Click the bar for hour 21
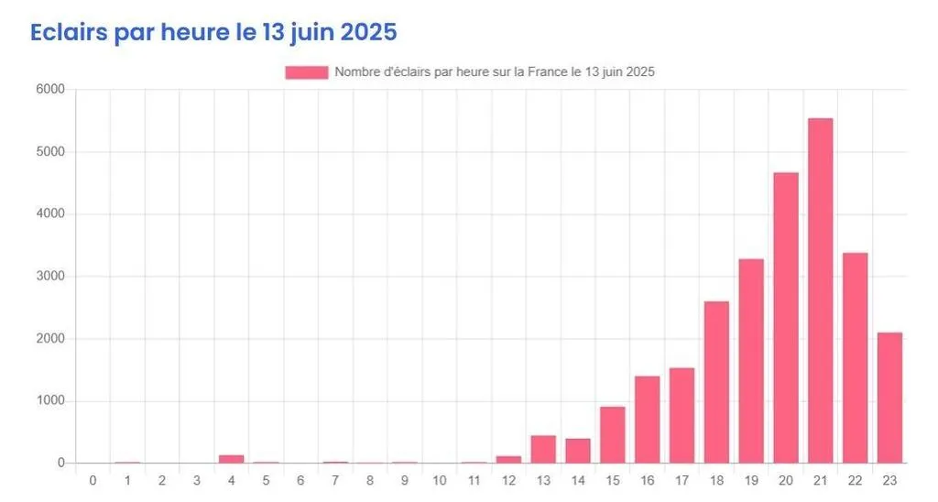pyautogui.click(x=821, y=290)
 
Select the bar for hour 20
pyautogui.click(x=786, y=318)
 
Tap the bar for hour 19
pyautogui.click(x=751, y=361)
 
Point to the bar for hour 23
pyautogui.click(x=889, y=398)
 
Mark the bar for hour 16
pyautogui.click(x=647, y=420)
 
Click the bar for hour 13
pyautogui.click(x=543, y=449)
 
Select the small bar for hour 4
pyautogui.click(x=231, y=459)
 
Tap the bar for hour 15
pyautogui.click(x=613, y=434)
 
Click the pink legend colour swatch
pyautogui.click(x=306, y=72)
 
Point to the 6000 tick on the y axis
pyautogui.click(x=49, y=90)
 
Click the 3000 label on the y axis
pyautogui.click(x=49, y=277)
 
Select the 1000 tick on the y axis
pyautogui.click(x=49, y=401)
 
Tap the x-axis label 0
pyautogui.click(x=93, y=480)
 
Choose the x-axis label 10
pyautogui.click(x=439, y=480)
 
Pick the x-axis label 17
pyautogui.click(x=682, y=480)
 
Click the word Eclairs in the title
pyautogui.click(x=69, y=32)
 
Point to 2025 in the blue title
pyautogui.click(x=368, y=32)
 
